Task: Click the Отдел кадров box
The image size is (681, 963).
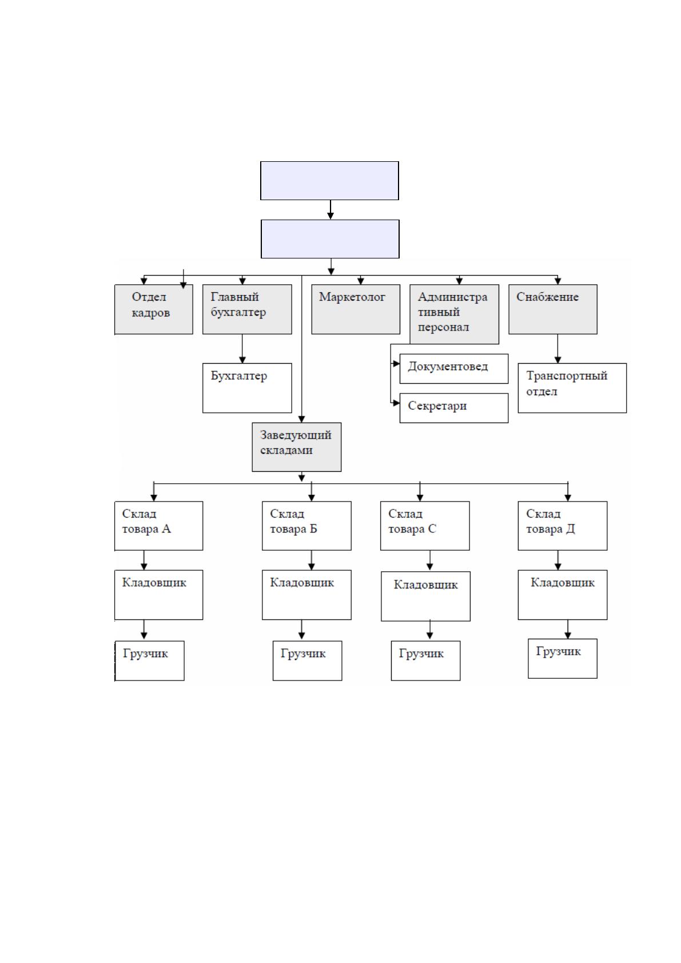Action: tap(153, 309)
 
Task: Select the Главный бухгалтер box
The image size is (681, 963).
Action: tap(247, 309)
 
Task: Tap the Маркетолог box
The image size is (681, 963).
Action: tap(356, 309)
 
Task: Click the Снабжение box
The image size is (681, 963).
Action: tap(553, 309)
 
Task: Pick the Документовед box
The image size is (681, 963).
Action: tap(453, 368)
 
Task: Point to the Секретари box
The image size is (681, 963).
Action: tap(453, 408)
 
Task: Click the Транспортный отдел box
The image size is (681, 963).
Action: tap(572, 388)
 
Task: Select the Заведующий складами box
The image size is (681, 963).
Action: tap(296, 447)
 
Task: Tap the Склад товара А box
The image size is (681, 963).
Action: tap(158, 526)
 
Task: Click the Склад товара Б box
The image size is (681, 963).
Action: tap(306, 526)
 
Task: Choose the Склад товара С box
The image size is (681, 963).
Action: tap(425, 526)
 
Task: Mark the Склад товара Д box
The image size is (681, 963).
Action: tap(562, 526)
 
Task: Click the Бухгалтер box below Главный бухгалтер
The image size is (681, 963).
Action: tap(247, 388)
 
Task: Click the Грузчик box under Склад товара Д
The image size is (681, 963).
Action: tap(562, 658)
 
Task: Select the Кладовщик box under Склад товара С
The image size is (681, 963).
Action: tap(425, 596)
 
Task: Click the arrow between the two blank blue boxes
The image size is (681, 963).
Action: tap(330, 210)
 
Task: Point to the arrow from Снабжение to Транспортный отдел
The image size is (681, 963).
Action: tap(557, 349)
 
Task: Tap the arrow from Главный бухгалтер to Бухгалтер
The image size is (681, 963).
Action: tap(242, 349)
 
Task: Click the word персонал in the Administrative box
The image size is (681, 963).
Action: tap(443, 328)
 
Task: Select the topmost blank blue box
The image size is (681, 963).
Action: tap(329, 181)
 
